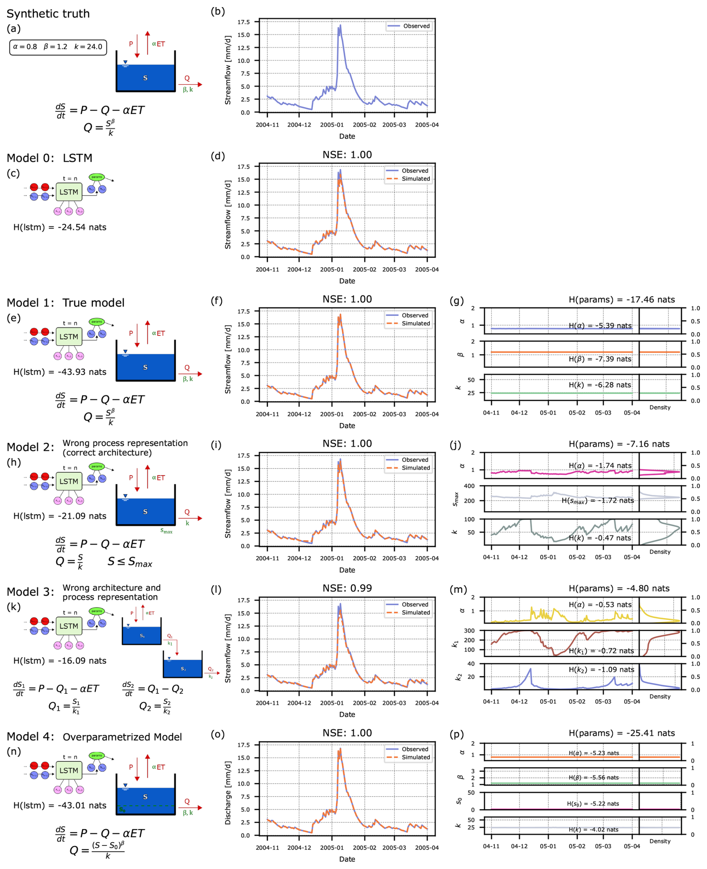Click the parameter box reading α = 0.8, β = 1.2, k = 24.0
point(58,47)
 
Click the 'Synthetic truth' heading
point(48,14)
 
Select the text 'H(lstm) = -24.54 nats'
point(60,227)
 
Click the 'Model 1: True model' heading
point(65,303)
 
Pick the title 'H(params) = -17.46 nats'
point(621,300)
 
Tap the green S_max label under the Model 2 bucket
point(166,531)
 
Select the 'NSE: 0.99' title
point(347,588)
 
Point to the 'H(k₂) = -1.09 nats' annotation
point(601,669)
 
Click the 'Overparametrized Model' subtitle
point(122,737)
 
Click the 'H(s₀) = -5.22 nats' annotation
point(593,804)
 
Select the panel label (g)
point(457,301)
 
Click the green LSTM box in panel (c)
point(69,192)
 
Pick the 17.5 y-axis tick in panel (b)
point(244,22)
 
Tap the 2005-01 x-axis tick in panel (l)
point(331,703)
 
